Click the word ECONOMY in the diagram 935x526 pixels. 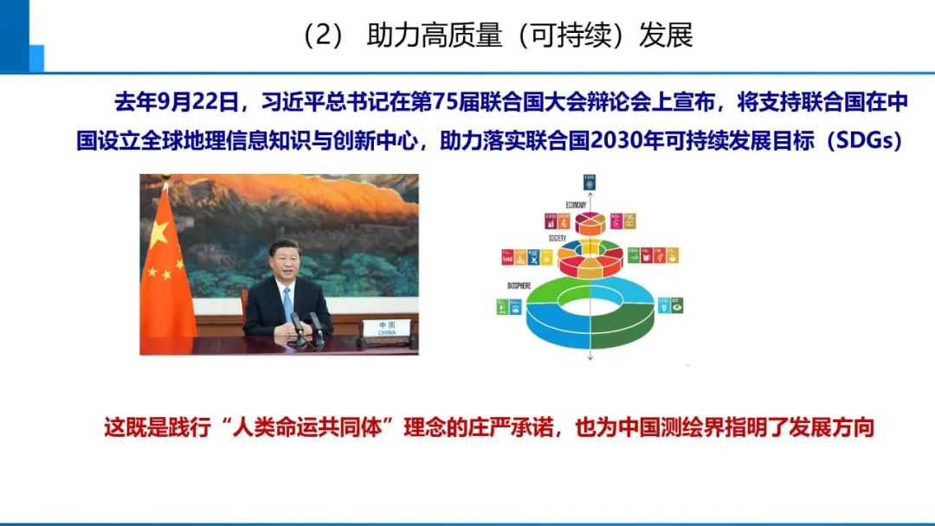(552, 205)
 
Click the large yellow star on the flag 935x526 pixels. (158, 233)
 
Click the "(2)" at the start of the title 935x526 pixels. (324, 37)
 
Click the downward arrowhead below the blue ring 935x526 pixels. (589, 357)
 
